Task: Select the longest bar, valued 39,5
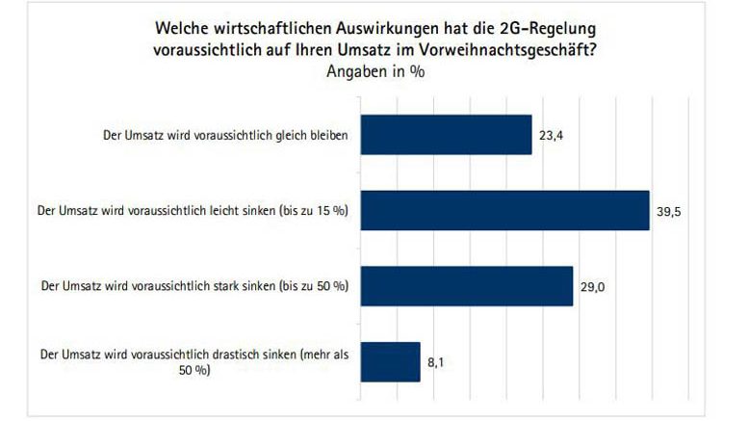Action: click(x=504, y=210)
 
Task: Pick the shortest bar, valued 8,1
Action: click(x=390, y=361)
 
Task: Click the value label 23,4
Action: click(x=550, y=136)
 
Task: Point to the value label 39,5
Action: click(x=669, y=211)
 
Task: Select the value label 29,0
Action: click(x=591, y=286)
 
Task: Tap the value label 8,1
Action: click(x=436, y=361)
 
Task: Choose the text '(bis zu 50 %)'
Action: click(x=314, y=286)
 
